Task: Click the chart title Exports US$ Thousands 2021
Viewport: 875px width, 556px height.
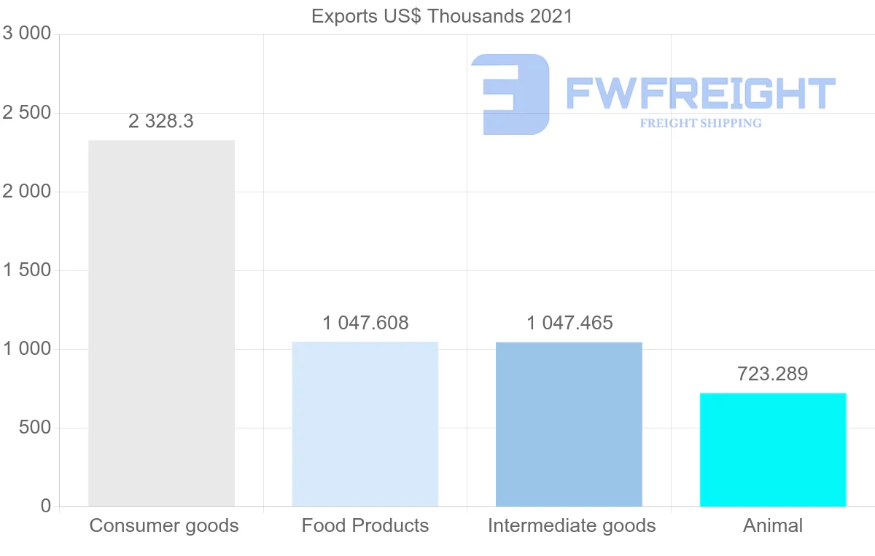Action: point(442,16)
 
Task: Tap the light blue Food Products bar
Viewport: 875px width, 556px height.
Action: point(365,424)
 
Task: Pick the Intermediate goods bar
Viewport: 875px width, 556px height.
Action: point(569,424)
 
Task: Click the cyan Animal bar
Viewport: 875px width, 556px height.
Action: point(773,450)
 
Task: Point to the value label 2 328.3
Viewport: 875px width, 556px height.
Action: point(161,121)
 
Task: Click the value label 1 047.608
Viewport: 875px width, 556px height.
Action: point(365,323)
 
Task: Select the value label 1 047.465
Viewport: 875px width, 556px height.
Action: point(569,323)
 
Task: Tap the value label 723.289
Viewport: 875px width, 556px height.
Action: point(773,374)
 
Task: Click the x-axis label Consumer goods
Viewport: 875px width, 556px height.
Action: point(164,525)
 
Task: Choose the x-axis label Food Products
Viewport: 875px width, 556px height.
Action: point(365,525)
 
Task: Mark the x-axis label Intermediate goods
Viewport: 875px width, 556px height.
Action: point(572,525)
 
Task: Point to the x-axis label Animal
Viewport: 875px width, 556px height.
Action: point(773,525)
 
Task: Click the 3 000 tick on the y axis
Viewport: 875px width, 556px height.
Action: point(27,34)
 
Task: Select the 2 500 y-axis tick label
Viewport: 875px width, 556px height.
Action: point(27,113)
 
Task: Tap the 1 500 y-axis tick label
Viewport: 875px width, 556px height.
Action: point(27,270)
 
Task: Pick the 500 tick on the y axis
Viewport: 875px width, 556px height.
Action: point(34,428)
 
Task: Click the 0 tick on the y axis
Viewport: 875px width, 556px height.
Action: point(46,506)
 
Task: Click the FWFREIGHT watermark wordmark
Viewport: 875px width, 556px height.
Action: point(700,93)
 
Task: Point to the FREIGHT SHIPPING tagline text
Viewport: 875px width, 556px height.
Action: point(701,123)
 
